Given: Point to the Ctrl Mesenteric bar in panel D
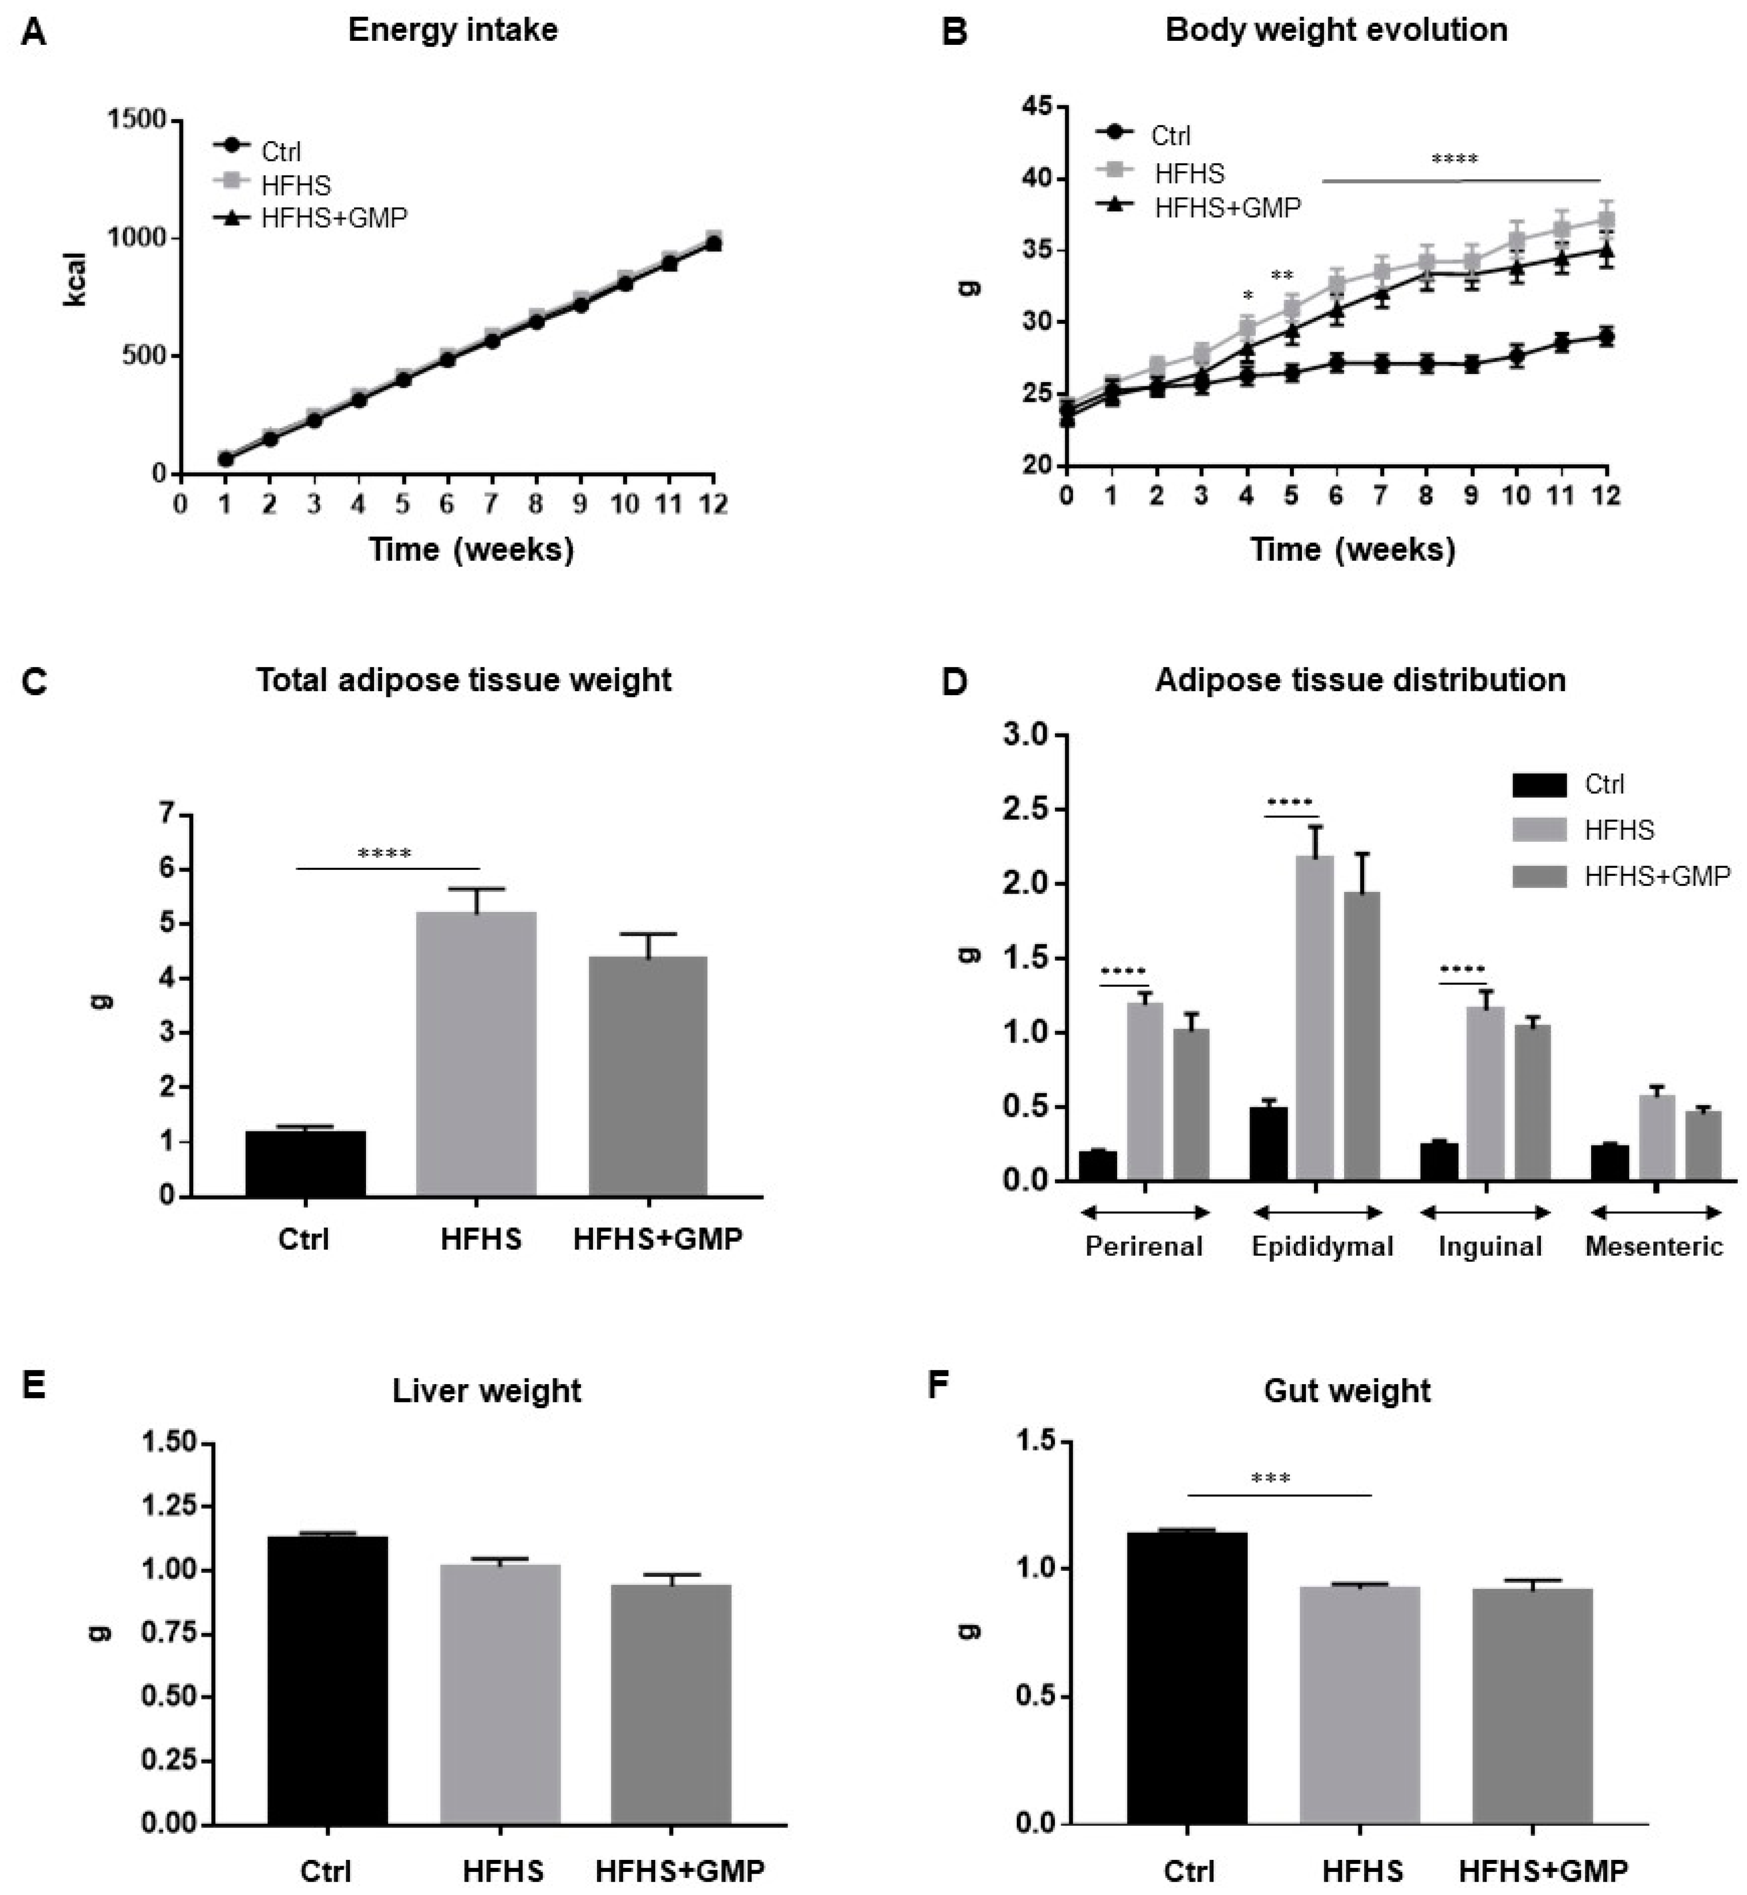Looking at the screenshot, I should click(x=1609, y=1162).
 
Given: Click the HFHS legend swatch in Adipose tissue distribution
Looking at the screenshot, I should click(x=1540, y=830).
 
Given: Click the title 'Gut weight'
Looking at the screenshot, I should click(x=1347, y=1391).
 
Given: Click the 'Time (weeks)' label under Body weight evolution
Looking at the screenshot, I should click(x=1353, y=549).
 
